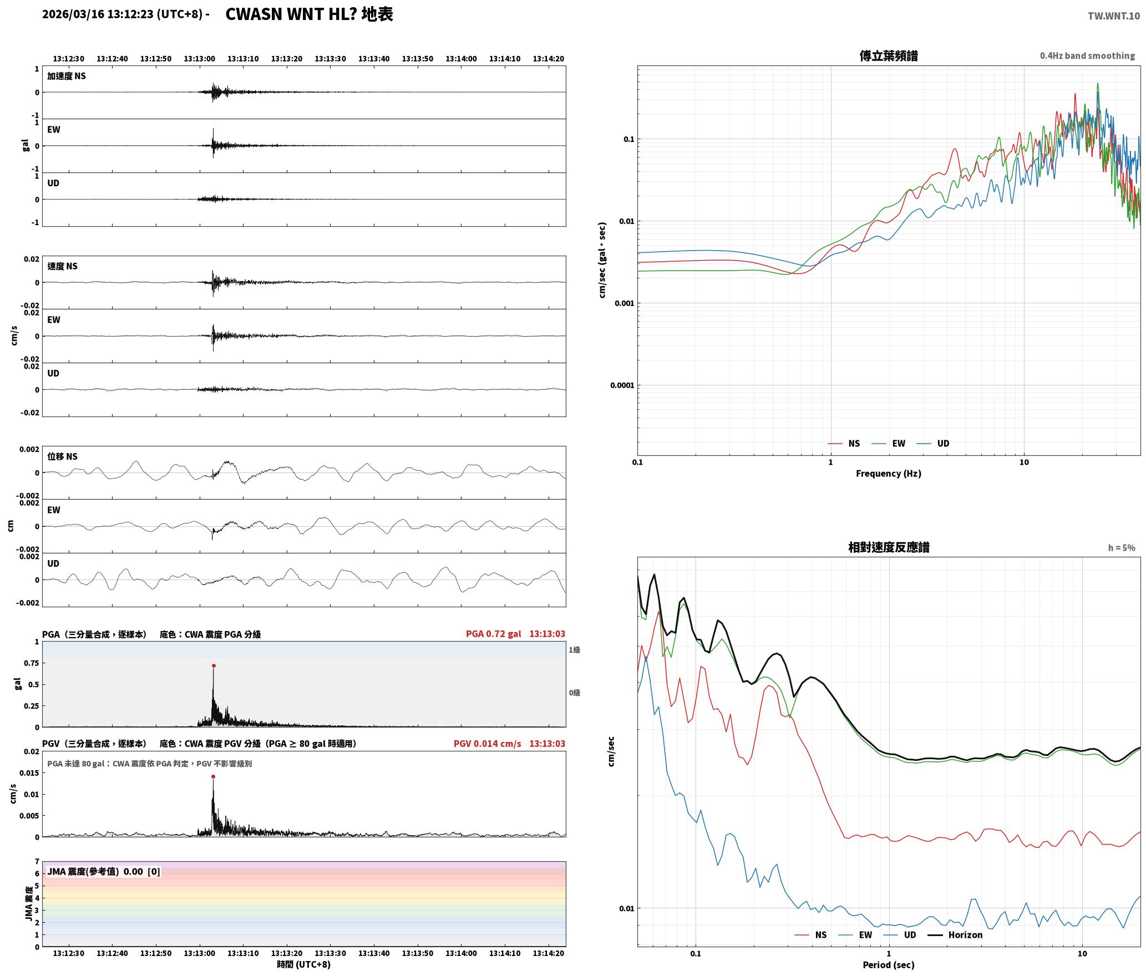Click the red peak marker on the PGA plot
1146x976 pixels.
(x=214, y=666)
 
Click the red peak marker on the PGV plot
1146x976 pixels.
(x=213, y=777)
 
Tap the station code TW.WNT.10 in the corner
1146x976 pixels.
(x=1114, y=16)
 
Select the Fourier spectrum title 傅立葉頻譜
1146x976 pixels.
(x=889, y=56)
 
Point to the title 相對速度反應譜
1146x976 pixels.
(x=889, y=547)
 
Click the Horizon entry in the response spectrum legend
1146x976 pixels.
(x=955, y=935)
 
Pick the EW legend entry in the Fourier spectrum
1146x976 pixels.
(x=889, y=444)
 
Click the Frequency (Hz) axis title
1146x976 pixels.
(x=889, y=474)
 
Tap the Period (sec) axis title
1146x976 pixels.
(x=889, y=965)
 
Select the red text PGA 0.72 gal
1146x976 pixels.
(x=494, y=634)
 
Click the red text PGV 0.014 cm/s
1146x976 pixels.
(x=488, y=744)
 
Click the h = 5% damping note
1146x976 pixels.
(x=1122, y=548)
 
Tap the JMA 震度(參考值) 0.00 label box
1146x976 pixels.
(x=104, y=872)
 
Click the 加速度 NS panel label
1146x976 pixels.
(x=67, y=76)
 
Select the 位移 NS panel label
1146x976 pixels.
(x=63, y=456)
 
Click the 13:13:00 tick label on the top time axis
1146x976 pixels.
(x=200, y=59)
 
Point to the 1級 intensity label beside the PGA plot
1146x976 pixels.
(x=574, y=650)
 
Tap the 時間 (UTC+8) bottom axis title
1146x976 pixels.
(x=304, y=965)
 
